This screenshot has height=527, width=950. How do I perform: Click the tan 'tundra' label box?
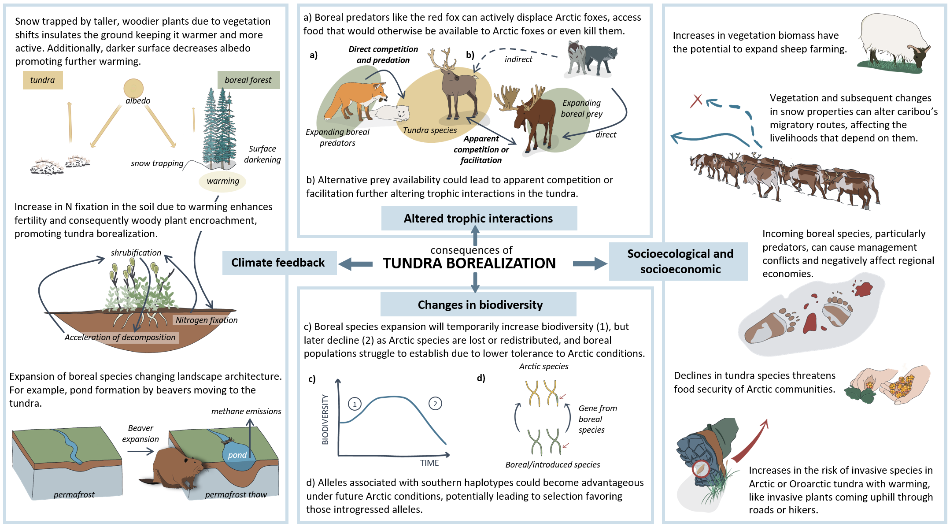pos(43,80)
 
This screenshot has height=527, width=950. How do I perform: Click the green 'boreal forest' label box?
pos(248,80)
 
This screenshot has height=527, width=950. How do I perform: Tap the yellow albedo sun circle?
pos(133,88)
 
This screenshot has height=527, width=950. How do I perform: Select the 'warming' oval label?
pos(223,181)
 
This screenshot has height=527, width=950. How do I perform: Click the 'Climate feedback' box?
pos(279,263)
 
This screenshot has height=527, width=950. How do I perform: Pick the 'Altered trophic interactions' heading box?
pos(479,219)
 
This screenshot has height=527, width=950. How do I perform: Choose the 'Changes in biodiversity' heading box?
pos(479,304)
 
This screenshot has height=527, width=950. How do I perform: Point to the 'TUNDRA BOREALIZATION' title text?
pos(469,263)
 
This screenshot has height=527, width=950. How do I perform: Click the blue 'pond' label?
pos(237,455)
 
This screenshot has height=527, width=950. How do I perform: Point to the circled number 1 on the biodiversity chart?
pos(355,404)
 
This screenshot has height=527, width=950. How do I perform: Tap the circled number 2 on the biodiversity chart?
pos(435,404)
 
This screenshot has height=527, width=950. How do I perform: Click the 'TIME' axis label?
pos(429,463)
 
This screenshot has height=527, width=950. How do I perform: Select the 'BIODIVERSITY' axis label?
pos(325,419)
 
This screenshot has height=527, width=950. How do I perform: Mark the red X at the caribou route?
pos(696,101)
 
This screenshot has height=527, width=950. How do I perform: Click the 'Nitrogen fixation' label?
pos(207,320)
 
